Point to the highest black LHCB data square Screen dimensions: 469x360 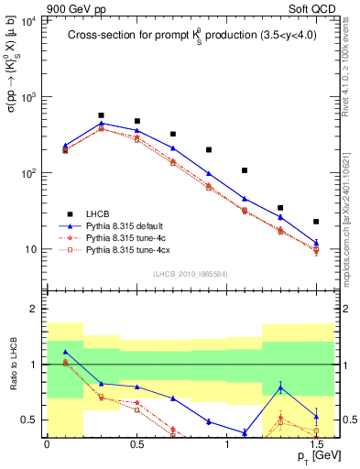[101, 116]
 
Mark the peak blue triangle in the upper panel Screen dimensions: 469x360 [101, 123]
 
